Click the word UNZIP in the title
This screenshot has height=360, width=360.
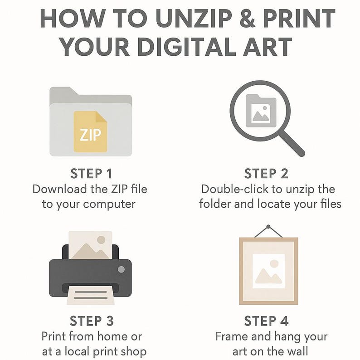pos(194,19)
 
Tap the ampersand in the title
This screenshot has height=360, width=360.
pos(247,19)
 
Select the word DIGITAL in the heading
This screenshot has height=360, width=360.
pos(188,47)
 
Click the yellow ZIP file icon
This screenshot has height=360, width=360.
pos(91,131)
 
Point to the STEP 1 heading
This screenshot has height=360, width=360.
pos(91,174)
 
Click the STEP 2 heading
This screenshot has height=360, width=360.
pos(266,174)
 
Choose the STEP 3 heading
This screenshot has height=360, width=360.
pos(92,321)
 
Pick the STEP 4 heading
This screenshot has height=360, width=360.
pos(266,321)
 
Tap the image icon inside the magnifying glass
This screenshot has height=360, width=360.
pos(261,111)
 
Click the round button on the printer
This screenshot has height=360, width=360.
pos(121,269)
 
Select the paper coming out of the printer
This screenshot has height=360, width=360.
pos(91,295)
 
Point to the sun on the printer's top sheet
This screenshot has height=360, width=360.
pos(101,240)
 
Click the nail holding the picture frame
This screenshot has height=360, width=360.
pos(268,227)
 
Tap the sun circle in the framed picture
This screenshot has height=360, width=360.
pos(274,263)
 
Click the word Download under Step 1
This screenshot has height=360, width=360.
pos(60,189)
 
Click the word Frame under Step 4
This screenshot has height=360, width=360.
pos(232,336)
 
